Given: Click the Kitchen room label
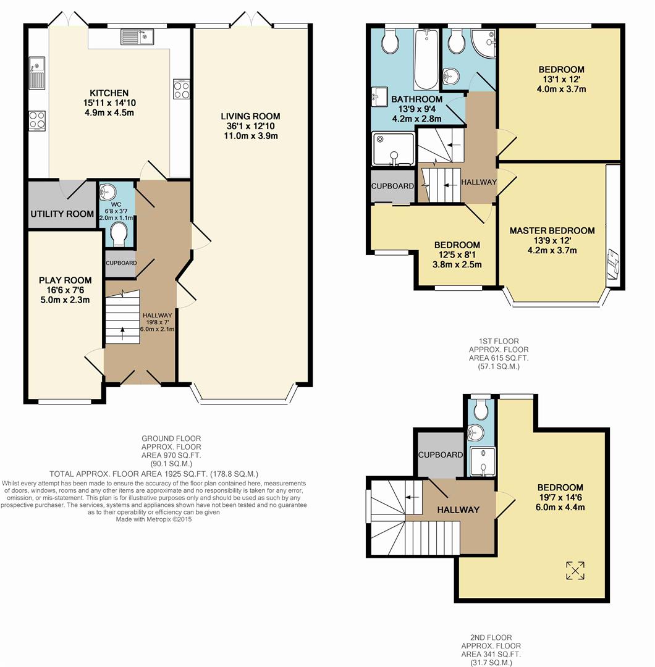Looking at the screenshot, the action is click(x=109, y=93).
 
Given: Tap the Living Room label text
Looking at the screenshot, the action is click(x=250, y=116).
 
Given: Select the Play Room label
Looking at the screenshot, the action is click(x=65, y=280).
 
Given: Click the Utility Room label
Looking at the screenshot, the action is click(x=62, y=214).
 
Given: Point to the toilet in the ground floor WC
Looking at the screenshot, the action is click(x=118, y=235).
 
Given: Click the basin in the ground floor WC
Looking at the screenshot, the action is click(x=108, y=192).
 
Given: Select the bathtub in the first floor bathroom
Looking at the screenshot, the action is click(x=425, y=59).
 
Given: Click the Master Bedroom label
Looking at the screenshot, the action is click(x=552, y=230).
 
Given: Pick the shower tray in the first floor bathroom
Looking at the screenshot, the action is click(x=393, y=149).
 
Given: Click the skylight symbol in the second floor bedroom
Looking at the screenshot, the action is click(x=575, y=571).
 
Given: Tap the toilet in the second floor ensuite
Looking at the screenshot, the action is click(x=481, y=409).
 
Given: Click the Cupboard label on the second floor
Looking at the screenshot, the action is click(x=441, y=455).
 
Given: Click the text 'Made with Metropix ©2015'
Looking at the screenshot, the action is click(x=154, y=519).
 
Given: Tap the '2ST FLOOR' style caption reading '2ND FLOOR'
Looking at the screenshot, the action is click(x=491, y=637).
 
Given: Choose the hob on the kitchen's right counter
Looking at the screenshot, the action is click(x=181, y=90).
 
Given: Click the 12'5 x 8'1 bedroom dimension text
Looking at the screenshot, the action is click(x=457, y=255).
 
